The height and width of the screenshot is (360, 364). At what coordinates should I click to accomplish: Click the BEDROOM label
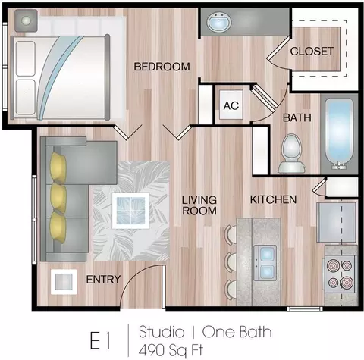(x=162, y=67)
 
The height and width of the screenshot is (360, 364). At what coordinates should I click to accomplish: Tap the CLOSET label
(x=312, y=52)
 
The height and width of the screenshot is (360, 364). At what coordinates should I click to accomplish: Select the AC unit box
(x=231, y=105)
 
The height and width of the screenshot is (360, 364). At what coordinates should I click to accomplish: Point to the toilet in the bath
(x=291, y=154)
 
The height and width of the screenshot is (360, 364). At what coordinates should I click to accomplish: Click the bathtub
(x=339, y=134)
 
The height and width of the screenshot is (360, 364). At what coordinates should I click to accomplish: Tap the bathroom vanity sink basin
(x=219, y=22)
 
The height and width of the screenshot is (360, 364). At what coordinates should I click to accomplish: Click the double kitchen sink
(x=265, y=263)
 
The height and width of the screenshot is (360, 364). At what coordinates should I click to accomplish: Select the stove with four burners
(x=340, y=274)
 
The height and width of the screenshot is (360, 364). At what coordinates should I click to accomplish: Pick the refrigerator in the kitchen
(x=337, y=222)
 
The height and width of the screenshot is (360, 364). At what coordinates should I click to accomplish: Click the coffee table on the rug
(x=130, y=211)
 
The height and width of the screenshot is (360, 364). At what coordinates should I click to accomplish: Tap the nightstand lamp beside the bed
(x=26, y=20)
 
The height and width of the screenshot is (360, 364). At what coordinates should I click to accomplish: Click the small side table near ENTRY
(x=64, y=282)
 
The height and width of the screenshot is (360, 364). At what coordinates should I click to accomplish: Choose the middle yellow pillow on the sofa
(x=58, y=198)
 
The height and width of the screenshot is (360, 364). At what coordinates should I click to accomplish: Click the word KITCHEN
(x=273, y=199)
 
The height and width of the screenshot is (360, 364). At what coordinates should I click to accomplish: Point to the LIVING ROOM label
(x=199, y=205)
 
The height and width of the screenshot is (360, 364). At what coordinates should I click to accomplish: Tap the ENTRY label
(x=103, y=280)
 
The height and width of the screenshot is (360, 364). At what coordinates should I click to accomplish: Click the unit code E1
(x=100, y=341)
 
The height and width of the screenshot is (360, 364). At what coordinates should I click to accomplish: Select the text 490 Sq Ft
(x=171, y=350)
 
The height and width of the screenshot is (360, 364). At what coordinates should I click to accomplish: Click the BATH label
(x=297, y=117)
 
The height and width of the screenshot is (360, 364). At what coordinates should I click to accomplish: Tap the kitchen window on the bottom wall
(x=305, y=308)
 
